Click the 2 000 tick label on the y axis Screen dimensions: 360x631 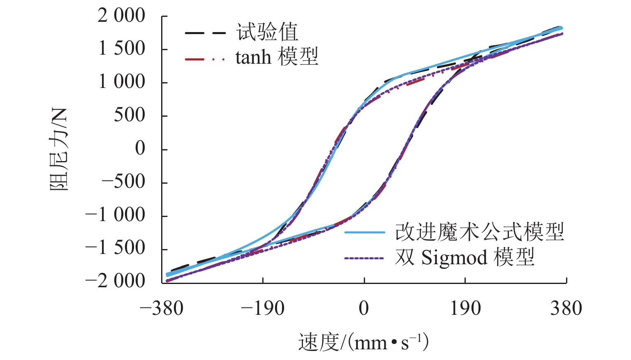[x=121, y=16]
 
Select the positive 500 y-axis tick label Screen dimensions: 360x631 [x=129, y=115]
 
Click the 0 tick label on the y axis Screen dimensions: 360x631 [x=140, y=149]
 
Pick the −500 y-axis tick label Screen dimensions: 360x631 [x=123, y=182]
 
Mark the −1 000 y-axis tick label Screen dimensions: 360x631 [x=116, y=215]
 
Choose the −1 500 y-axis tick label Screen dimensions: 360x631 [x=116, y=249]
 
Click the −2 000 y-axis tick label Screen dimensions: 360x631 [x=116, y=282]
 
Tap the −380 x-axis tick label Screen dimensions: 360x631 [x=162, y=309]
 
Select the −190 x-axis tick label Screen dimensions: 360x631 [x=263, y=309]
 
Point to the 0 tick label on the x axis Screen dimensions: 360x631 [x=364, y=309]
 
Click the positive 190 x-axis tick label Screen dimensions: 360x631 [x=465, y=309]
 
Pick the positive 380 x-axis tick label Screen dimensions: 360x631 [x=566, y=309]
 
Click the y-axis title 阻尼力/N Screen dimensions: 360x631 [x=59, y=150]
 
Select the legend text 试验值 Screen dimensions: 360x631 [x=267, y=32]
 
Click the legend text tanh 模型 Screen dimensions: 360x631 [x=277, y=57]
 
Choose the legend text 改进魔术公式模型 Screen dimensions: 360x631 [x=479, y=232]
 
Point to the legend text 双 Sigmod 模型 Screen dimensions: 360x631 [x=465, y=258]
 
